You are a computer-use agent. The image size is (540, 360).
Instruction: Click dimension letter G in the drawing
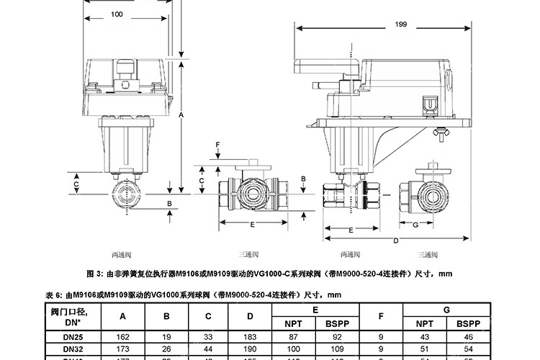415,225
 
